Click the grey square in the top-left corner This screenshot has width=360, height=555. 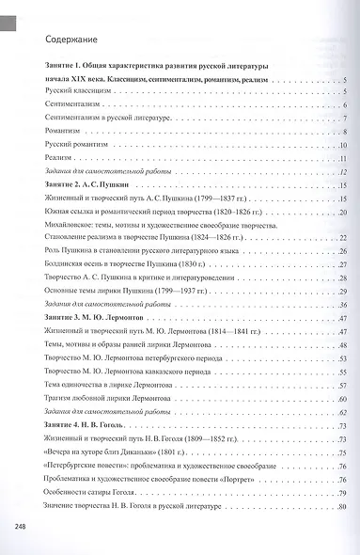tap(8, 12)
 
